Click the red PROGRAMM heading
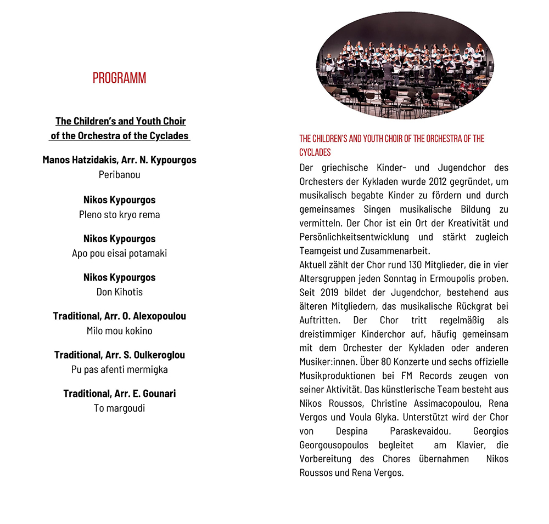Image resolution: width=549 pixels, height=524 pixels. click(x=119, y=78)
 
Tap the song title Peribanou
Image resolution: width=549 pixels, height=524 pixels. click(x=119, y=175)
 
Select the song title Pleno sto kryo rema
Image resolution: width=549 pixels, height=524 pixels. click(x=119, y=214)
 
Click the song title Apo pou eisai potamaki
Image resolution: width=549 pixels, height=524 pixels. click(x=119, y=253)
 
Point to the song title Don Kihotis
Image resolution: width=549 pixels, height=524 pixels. click(x=119, y=292)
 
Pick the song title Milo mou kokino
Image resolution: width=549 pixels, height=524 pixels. click(x=119, y=331)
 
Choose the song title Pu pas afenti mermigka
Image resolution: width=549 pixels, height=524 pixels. click(x=119, y=369)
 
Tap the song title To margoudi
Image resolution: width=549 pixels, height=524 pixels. click(x=119, y=408)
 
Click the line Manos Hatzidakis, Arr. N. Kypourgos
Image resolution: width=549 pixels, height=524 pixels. click(x=119, y=160)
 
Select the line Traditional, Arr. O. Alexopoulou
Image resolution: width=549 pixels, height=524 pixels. click(x=119, y=316)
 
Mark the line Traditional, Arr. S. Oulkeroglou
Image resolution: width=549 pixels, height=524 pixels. click(x=119, y=355)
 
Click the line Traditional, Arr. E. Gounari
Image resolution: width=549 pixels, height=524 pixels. click(x=119, y=394)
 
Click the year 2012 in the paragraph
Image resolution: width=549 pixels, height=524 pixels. click(x=435, y=181)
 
